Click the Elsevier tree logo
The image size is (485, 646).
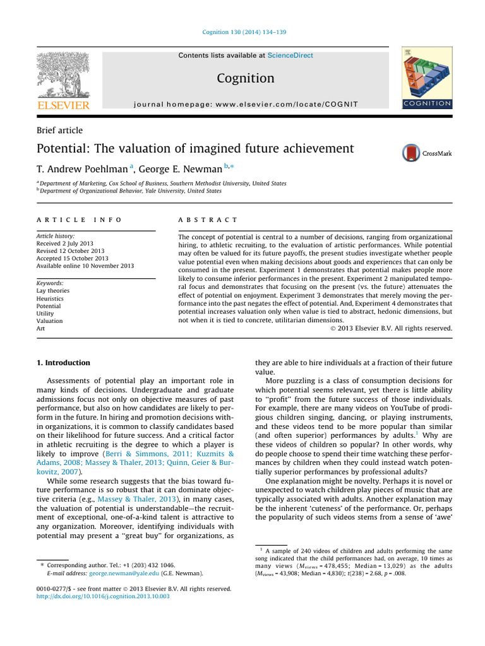coord(63,75)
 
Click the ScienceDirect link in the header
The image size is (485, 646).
coord(290,56)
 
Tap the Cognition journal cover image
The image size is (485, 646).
coord(426,78)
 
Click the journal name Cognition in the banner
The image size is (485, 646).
coord(246,79)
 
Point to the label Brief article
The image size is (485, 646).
coord(59,131)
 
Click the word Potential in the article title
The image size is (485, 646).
coord(63,150)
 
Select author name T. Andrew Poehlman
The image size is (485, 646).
coord(81,169)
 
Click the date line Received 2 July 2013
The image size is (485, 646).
coord(66,244)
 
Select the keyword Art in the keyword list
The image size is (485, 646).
coord(41,329)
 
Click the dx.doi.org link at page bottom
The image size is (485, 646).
coord(102,596)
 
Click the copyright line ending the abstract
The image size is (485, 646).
coord(392,329)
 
